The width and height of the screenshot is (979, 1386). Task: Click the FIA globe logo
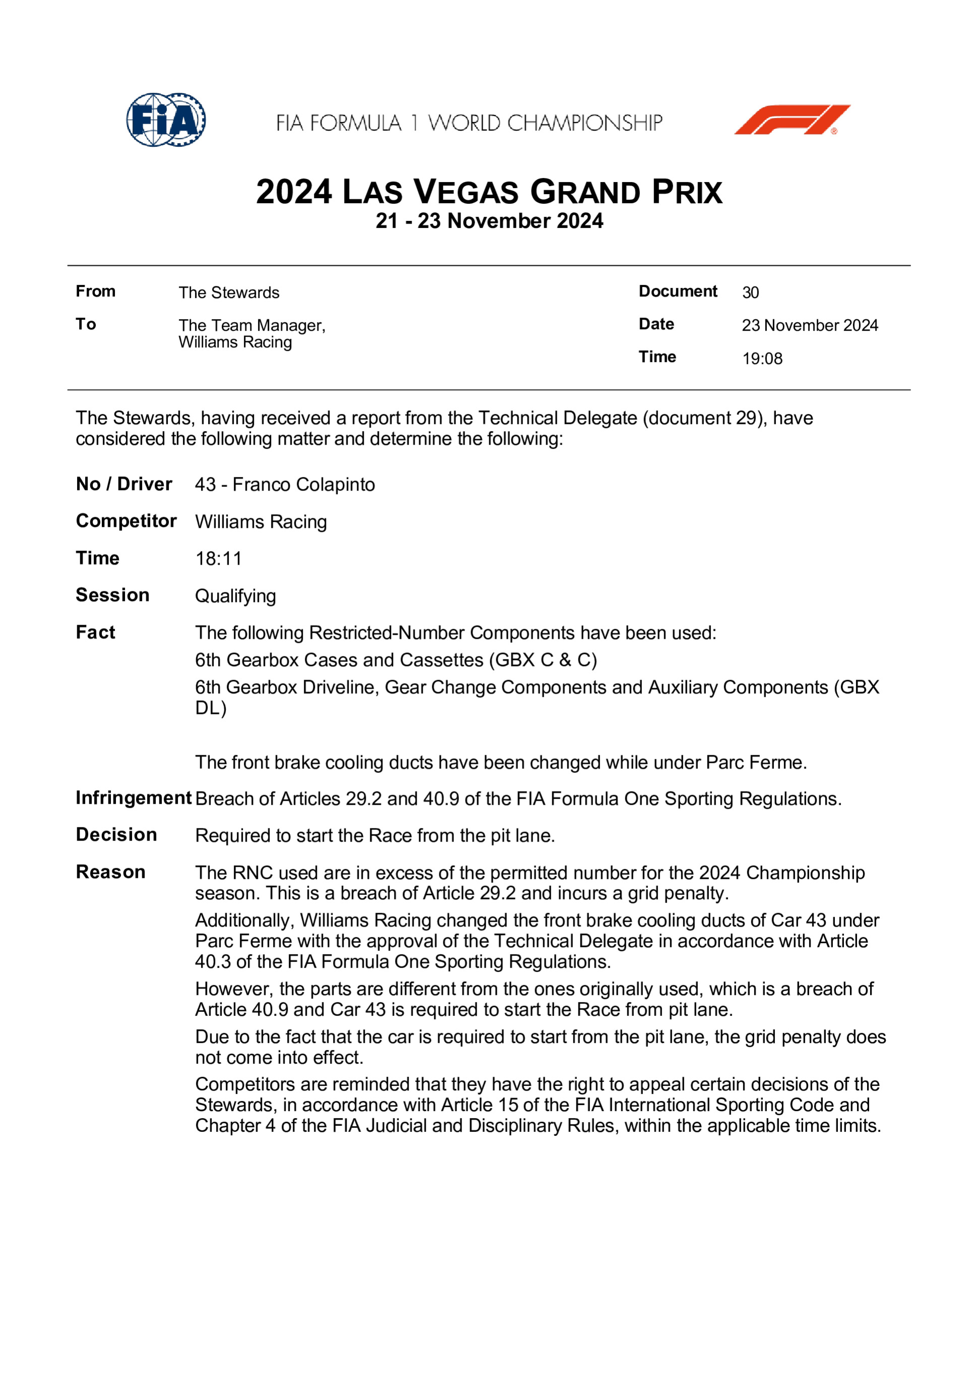pos(166,119)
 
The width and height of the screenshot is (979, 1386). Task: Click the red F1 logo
pos(792,119)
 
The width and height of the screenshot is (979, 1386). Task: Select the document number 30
pos(750,293)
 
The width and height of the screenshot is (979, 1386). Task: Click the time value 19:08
pos(762,358)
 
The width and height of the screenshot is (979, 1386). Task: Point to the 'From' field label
pos(95,291)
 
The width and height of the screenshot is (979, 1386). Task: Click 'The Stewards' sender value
pos(229,293)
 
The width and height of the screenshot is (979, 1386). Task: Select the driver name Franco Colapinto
pos(303,485)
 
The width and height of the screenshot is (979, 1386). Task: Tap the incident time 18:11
pos(218,559)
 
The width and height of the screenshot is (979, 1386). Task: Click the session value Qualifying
pos(235,596)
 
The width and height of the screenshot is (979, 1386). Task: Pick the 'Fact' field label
pos(95,633)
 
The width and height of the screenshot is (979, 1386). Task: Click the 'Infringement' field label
pos(134,798)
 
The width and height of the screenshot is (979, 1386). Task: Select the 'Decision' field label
pos(116,835)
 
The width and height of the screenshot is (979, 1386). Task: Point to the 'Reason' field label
pos(110,872)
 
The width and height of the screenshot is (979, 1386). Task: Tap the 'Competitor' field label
pos(126,521)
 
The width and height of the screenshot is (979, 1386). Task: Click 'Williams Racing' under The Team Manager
pos(235,342)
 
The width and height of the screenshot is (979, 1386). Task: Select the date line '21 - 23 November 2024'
pos(489,221)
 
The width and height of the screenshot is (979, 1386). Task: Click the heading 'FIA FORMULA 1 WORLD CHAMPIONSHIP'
pos(469,123)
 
